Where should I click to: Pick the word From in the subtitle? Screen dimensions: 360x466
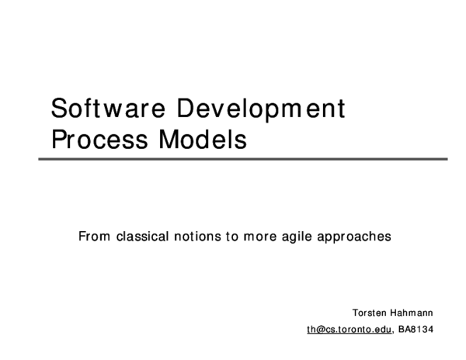[x=94, y=236]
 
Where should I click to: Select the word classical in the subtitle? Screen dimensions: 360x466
[x=142, y=236]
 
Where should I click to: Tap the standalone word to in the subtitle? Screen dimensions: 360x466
[x=231, y=236]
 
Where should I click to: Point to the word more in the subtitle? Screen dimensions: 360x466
[x=259, y=236]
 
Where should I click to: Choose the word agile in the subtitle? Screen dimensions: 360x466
[x=300, y=237]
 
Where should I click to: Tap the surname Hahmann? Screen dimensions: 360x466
[x=412, y=313]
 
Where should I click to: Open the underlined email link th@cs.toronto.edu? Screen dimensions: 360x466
[x=349, y=329]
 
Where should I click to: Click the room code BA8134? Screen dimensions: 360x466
[x=416, y=329]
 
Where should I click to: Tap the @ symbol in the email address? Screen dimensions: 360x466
[x=318, y=329]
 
